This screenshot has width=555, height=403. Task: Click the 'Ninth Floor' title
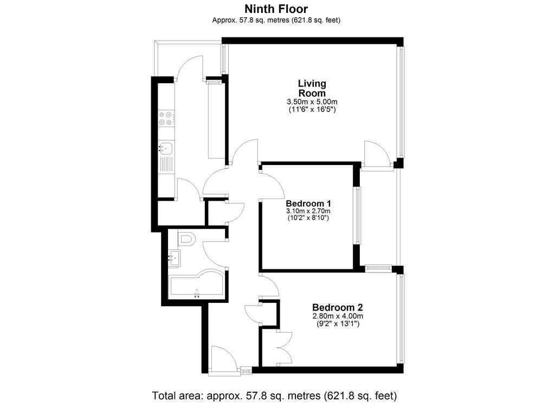(276, 9)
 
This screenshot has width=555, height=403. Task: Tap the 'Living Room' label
(312, 88)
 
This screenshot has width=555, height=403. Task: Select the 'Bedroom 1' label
(308, 203)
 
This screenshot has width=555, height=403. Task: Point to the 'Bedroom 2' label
(337, 308)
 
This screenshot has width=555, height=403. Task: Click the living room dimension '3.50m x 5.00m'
(312, 102)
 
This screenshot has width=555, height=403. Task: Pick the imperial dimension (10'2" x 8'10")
(308, 218)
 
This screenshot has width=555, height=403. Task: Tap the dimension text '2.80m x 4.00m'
(337, 316)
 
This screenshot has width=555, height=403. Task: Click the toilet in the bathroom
(185, 239)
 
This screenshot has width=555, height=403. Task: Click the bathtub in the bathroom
(195, 285)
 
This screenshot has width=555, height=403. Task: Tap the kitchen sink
(165, 147)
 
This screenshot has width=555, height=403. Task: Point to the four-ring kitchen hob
(165, 118)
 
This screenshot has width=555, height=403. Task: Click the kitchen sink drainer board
(166, 163)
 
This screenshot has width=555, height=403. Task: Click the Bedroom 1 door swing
(273, 183)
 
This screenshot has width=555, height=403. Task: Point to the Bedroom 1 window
(357, 215)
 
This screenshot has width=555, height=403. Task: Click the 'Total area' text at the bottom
(275, 394)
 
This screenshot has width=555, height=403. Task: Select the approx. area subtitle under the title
(276, 21)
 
